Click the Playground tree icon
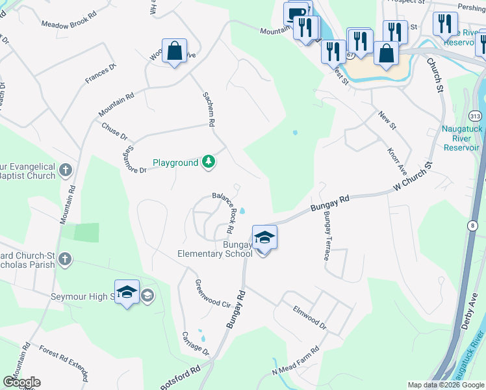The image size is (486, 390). click(x=208, y=162)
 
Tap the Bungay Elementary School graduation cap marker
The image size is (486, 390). click(x=264, y=238)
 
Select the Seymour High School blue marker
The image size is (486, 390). click(x=127, y=292)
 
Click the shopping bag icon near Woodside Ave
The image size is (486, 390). click(x=175, y=51)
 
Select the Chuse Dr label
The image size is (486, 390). click(x=114, y=131)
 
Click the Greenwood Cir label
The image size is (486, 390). click(x=213, y=294)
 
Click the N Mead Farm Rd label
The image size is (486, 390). click(x=296, y=361)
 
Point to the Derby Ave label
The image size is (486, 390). click(x=468, y=312)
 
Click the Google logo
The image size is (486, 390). click(x=21, y=382)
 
